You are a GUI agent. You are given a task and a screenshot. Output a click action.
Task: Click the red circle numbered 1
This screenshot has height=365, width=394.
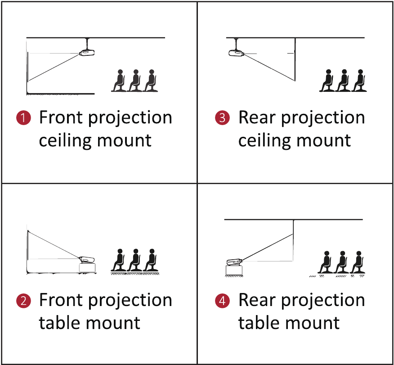point(24,117)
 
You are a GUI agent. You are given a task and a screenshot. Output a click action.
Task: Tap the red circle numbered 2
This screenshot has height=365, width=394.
point(24,301)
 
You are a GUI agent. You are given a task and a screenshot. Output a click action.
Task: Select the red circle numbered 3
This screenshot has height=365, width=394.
point(222,117)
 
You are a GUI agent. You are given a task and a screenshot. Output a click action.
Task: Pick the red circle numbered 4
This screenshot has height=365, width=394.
point(222,301)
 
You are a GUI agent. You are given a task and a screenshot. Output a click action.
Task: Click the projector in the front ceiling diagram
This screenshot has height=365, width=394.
point(87,53)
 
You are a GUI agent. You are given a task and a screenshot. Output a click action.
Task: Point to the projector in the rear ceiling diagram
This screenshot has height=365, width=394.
point(237,53)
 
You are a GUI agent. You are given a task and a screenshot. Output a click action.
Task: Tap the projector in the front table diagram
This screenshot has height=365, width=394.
point(87,260)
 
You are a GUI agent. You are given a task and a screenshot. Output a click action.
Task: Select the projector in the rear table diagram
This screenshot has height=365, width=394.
point(234,262)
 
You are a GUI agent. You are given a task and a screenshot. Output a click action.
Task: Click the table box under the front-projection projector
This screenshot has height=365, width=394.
point(87,268)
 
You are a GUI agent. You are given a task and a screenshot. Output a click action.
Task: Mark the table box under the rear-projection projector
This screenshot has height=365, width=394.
point(234,270)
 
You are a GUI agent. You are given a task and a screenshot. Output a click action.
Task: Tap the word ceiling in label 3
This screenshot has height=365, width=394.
point(265,140)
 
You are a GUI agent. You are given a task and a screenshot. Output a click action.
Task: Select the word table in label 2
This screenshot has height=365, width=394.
point(59,323)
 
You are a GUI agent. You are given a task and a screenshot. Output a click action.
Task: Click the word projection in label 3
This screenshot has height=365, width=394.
point(323,118)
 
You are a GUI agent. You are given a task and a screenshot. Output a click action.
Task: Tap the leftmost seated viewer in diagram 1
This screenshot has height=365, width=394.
point(119,81)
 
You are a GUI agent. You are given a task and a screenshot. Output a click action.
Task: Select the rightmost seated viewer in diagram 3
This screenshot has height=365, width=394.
point(359,81)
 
